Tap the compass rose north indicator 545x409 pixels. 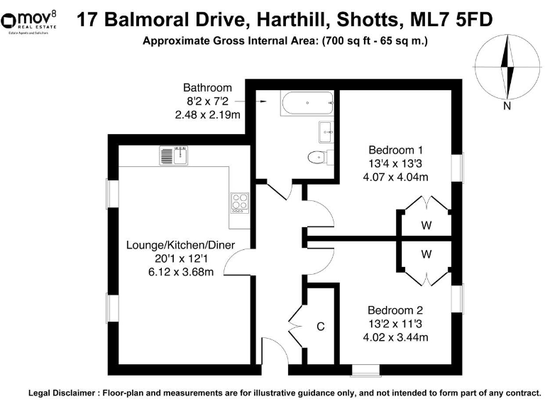point(507,68)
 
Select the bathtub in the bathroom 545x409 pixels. point(307,104)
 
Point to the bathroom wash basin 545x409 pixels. point(326,129)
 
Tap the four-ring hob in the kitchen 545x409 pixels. point(239,203)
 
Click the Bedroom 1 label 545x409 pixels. point(395,150)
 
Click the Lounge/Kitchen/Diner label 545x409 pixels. point(180,246)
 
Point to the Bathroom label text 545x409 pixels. point(207,88)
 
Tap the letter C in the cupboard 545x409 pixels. point(321,327)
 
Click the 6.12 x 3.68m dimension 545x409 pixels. point(180,273)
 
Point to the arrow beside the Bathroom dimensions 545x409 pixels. point(261,102)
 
